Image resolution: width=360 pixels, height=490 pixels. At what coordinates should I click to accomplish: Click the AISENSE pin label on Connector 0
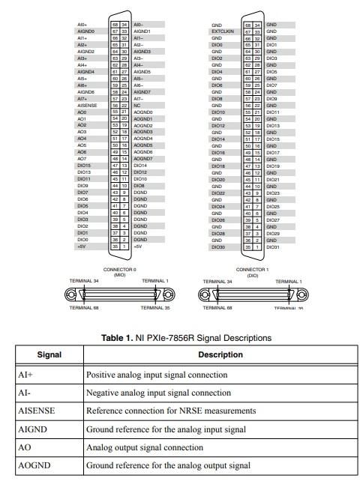(x=86, y=106)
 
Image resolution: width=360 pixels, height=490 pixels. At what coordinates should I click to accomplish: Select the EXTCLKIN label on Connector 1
(x=220, y=31)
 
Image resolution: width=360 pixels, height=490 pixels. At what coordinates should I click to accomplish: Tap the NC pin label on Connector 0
(x=137, y=106)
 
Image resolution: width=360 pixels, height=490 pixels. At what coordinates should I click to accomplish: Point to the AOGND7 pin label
(x=143, y=159)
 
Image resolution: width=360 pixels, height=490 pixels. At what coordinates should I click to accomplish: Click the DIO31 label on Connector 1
(x=273, y=246)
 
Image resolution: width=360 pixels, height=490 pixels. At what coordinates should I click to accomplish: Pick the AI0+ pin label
(x=82, y=25)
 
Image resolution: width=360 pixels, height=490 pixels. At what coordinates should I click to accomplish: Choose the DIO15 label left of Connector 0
(x=83, y=166)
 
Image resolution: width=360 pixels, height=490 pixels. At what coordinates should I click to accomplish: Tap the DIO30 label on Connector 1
(x=217, y=246)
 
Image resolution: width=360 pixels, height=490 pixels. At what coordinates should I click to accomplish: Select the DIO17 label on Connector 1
(x=273, y=152)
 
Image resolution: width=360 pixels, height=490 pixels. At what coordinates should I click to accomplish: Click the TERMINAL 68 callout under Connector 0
(x=85, y=307)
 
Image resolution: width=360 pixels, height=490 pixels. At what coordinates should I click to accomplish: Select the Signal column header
(x=49, y=354)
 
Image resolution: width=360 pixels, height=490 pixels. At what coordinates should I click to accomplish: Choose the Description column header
(x=220, y=354)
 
